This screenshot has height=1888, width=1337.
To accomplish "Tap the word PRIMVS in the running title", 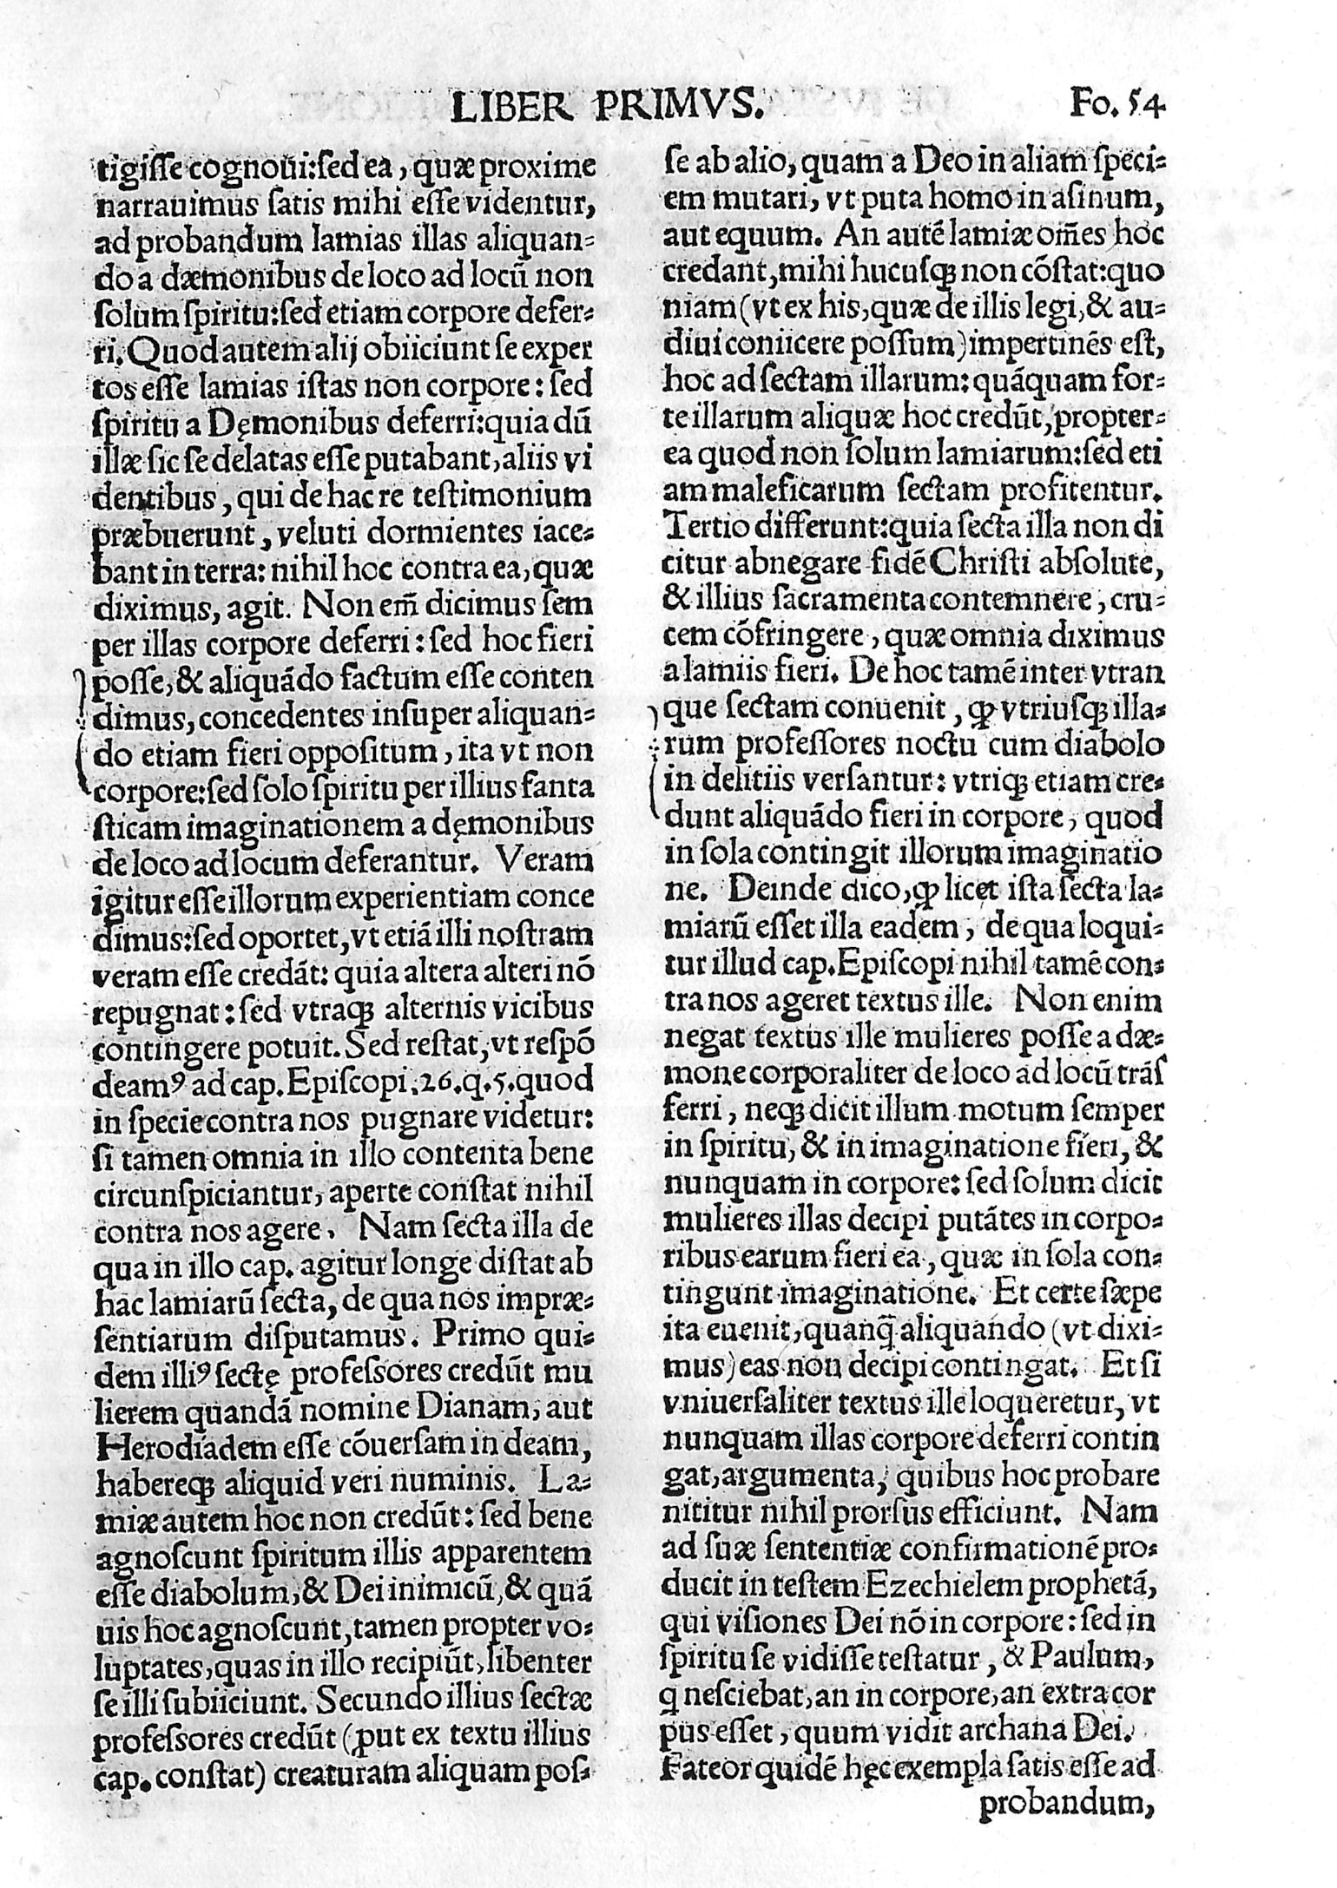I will (x=676, y=108).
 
